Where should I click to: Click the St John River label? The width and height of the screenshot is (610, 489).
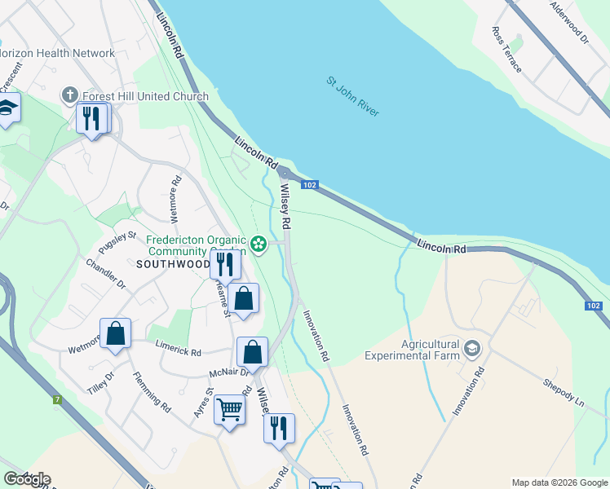[353, 96]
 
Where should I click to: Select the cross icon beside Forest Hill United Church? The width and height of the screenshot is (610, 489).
[69, 96]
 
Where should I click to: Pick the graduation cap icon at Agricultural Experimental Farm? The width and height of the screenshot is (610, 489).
[471, 350]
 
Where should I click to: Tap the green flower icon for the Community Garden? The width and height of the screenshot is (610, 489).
[259, 244]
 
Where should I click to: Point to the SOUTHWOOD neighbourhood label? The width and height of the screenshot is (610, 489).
[173, 264]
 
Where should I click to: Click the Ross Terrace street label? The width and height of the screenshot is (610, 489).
[506, 49]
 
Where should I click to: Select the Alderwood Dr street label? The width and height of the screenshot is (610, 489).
[569, 21]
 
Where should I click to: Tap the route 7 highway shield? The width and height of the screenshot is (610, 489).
[57, 399]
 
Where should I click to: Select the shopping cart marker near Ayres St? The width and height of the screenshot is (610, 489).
[229, 410]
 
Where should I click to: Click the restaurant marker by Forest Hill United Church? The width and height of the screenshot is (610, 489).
[91, 119]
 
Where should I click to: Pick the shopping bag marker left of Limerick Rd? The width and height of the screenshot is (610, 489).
[116, 334]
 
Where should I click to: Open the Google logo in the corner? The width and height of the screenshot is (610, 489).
[26, 479]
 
